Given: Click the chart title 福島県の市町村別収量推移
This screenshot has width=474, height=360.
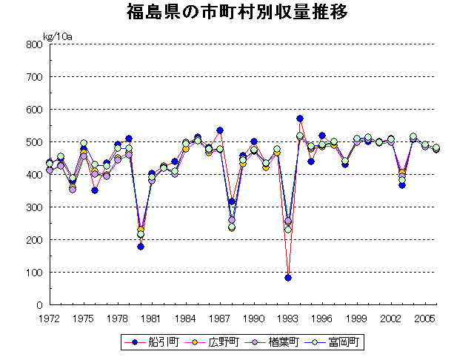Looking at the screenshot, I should point(237,13).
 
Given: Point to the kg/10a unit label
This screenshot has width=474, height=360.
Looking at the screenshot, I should point(57,36).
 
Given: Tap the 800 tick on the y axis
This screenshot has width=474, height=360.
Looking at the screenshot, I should point(33,44).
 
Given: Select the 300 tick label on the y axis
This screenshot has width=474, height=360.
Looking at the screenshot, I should point(33,207).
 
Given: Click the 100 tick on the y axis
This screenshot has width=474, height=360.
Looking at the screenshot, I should point(33,273).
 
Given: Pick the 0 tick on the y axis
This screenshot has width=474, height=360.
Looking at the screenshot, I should point(39,305).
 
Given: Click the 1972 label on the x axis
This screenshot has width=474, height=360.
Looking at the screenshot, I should point(50,318).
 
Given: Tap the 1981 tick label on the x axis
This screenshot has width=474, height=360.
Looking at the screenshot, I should point(152,318).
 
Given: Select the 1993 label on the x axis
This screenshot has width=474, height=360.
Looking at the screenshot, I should point(288,318).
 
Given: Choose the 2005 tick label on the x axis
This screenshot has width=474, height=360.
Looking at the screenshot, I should point(424,318).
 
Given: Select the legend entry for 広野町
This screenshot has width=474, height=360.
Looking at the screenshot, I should point(216,342).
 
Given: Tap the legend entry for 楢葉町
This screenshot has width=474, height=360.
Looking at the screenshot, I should point(276,342).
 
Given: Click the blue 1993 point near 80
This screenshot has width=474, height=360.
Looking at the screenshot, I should point(288,278).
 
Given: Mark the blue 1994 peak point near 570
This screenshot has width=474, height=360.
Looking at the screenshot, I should point(300,119).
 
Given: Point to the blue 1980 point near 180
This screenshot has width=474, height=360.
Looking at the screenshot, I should point(141,247).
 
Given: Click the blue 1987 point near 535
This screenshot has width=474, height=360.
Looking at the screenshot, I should point(220,130).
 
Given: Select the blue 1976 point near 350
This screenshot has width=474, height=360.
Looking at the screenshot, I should point(95,190).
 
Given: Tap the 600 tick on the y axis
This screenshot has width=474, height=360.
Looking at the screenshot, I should point(33,110).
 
